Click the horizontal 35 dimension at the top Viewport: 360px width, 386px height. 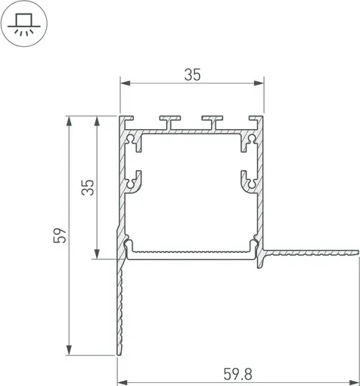pyautogui.click(x=192, y=74)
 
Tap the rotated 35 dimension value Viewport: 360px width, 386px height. pyautogui.click(x=88, y=187)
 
